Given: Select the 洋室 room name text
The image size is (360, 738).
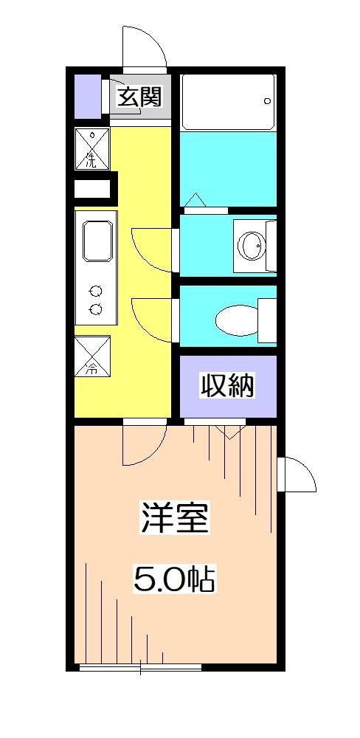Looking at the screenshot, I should point(176,519).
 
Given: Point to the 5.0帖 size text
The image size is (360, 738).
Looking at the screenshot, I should point(174,579).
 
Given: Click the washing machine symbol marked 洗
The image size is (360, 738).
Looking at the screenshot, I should point(92,148).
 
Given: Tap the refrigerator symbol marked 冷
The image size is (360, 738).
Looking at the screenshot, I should point(92,357).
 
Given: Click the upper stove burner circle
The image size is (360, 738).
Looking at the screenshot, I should point(95,290).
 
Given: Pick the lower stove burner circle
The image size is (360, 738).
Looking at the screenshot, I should point(95,309).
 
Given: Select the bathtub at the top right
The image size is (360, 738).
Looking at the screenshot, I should point(228,101).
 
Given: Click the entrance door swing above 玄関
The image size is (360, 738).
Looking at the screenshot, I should point(145,49).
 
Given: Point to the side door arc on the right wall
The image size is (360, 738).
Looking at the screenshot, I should point(298,476).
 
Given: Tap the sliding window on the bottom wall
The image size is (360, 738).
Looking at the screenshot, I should point(140,668).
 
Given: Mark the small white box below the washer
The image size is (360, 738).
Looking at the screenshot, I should point(92,187).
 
